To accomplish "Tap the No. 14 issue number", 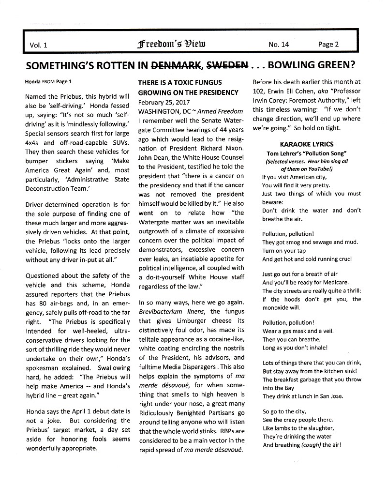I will [279, 45].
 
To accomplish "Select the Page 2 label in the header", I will [328, 45].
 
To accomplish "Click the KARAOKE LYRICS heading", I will [306, 144].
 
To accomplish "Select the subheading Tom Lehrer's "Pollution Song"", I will [306, 153].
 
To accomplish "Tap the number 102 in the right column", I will [258, 91].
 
